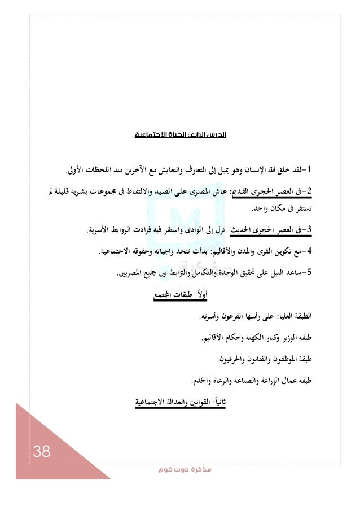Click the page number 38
[41, 451]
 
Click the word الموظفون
[287, 359]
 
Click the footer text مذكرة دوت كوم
[179, 470]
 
